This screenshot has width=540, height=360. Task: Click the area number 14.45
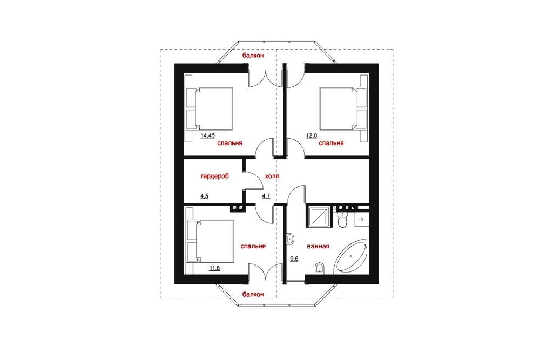click(208, 135)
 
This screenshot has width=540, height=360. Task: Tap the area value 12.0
click(312, 135)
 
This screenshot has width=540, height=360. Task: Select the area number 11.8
click(214, 268)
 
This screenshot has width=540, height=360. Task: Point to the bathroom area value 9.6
click(294, 259)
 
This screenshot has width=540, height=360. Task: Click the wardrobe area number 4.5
click(205, 196)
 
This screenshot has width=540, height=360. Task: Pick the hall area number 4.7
click(266, 196)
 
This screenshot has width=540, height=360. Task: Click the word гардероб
click(214, 176)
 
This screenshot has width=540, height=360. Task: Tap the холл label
click(272, 176)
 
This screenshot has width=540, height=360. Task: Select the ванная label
click(318, 247)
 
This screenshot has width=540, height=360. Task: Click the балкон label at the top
click(253, 56)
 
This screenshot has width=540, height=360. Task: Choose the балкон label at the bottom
click(253, 295)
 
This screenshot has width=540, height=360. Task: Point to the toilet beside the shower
click(343, 220)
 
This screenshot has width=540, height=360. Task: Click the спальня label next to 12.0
click(332, 143)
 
